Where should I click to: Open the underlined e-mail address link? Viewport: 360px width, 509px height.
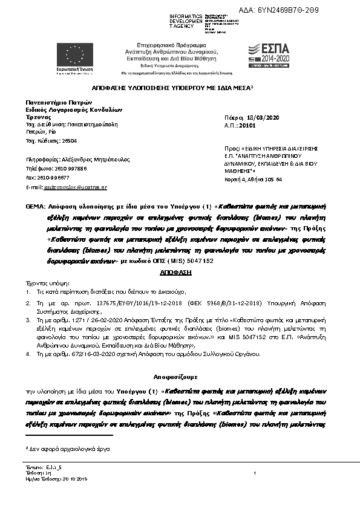click(75, 187)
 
